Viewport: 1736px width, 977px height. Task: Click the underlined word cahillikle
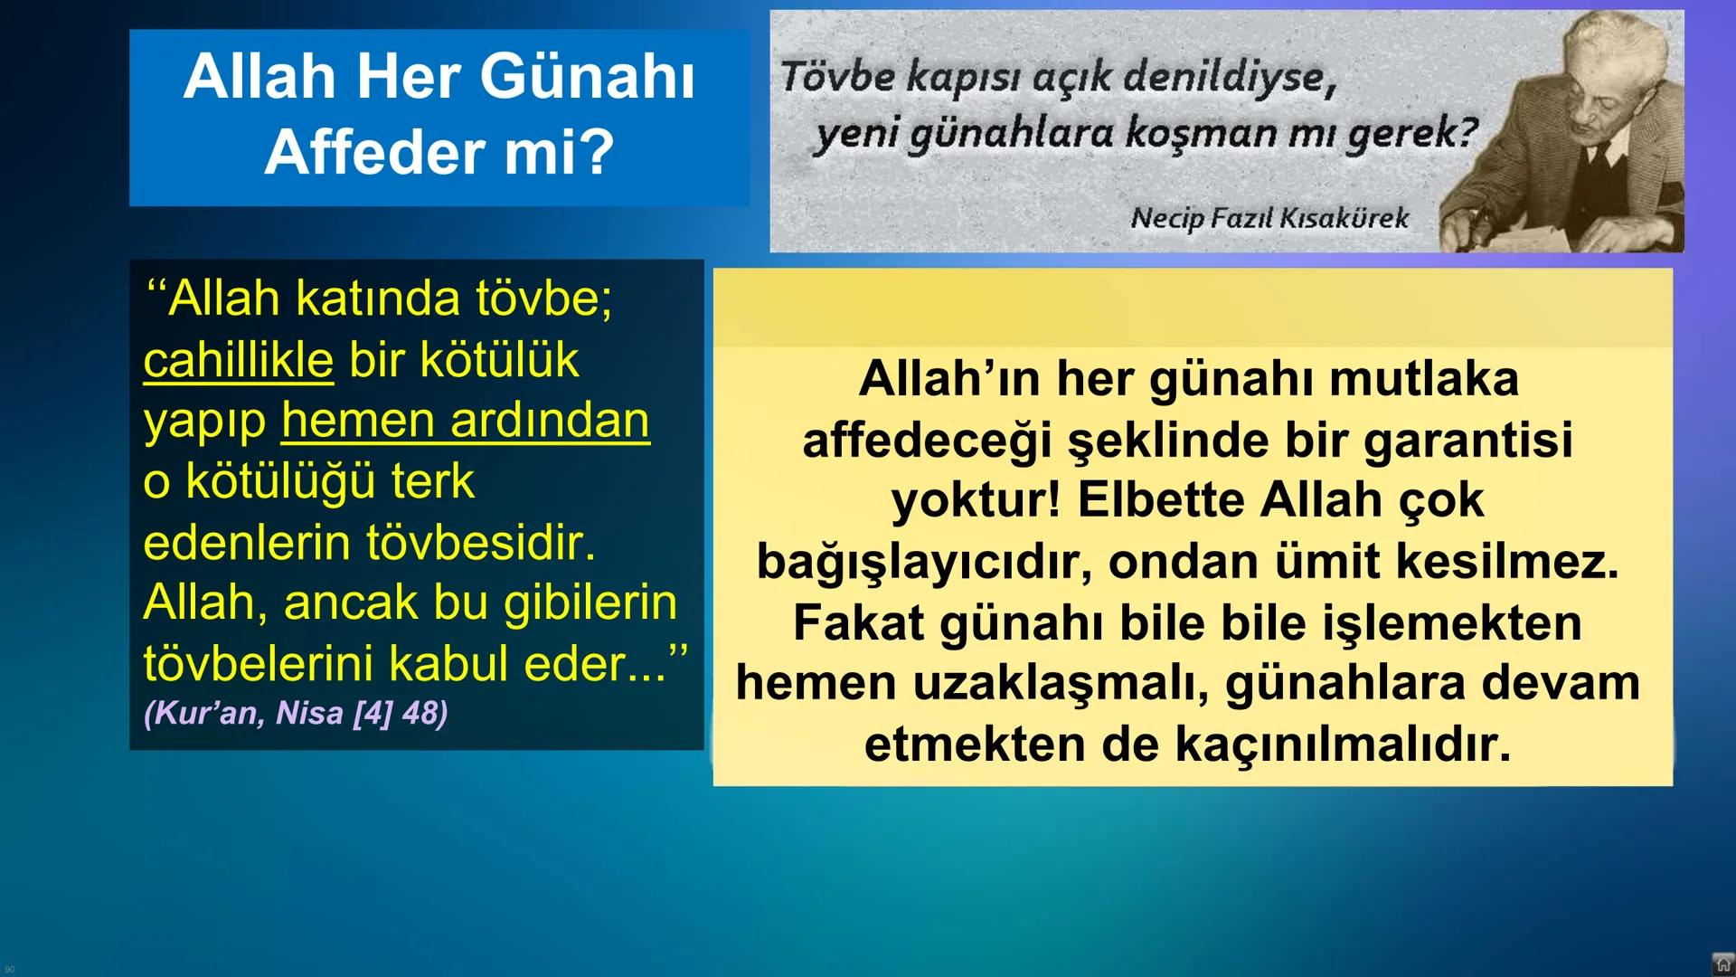[x=239, y=360]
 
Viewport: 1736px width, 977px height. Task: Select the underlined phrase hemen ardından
[x=465, y=421]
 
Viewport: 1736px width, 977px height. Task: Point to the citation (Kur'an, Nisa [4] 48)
[x=296, y=713]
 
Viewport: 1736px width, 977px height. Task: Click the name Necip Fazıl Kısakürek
[x=1269, y=218]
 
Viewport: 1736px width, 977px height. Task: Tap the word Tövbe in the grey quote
[x=837, y=76]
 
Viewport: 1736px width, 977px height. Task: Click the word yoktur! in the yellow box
[x=976, y=500]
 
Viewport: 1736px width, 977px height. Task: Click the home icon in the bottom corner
[x=1723, y=964]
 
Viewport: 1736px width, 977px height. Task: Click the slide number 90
[x=10, y=970]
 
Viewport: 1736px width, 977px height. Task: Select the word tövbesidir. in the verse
[x=481, y=543]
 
